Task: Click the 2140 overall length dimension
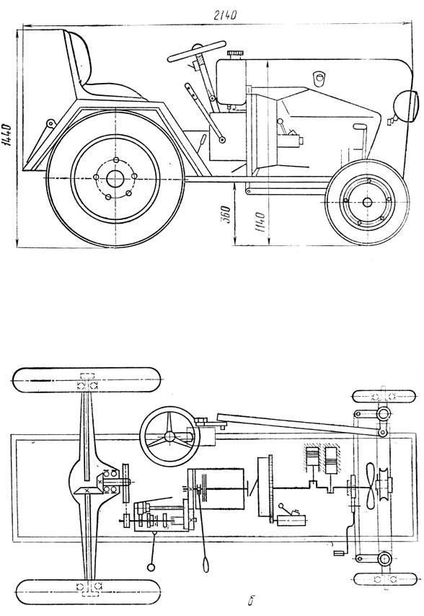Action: pos(225,15)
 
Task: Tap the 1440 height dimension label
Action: pos(7,136)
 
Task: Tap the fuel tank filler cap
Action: pos(235,53)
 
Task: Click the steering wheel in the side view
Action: pos(198,50)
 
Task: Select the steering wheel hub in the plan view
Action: pos(169,436)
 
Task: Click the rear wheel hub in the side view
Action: pos(115,179)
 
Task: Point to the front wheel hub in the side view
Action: pos(368,202)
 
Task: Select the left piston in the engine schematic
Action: pos(313,459)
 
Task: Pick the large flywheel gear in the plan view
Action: pos(270,488)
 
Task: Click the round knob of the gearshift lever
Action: pos(151,567)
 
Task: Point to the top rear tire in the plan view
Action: pos(87,380)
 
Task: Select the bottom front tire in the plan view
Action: pos(384,579)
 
